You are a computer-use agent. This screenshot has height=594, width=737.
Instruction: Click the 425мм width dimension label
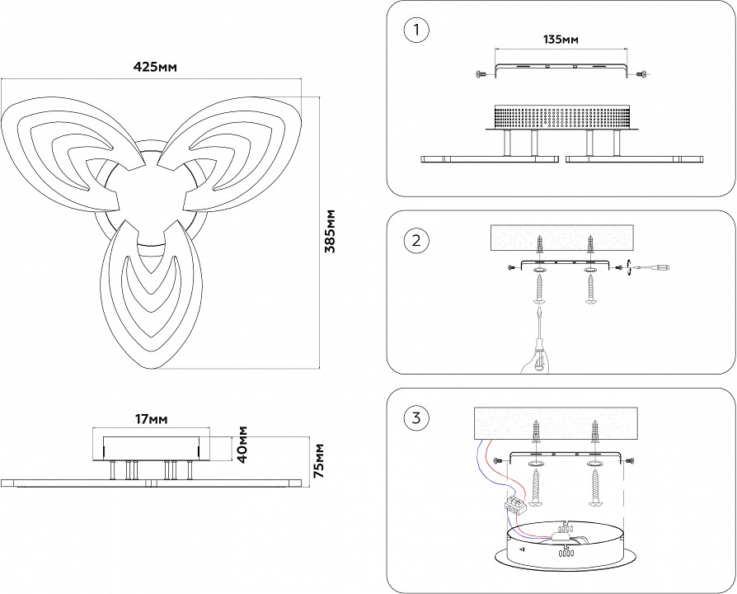pos(156,66)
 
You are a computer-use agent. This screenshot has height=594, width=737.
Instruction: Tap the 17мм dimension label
pos(151,419)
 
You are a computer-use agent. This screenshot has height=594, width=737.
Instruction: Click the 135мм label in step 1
pos(561,40)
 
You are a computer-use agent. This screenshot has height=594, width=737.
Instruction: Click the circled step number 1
pos(417,31)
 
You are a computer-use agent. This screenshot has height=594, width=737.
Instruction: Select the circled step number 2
pos(417,241)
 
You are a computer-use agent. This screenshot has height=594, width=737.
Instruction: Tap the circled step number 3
pos(417,417)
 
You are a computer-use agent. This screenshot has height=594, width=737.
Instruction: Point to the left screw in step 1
pos(481,74)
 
